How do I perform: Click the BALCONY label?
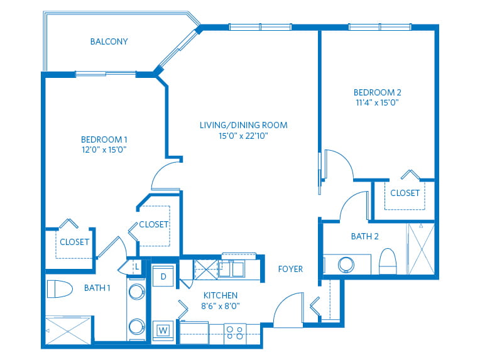click(109, 41)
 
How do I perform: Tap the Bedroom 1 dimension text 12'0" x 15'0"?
click(104, 150)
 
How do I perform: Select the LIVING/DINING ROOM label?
click(244, 125)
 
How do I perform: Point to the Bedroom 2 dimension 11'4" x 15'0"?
click(377, 102)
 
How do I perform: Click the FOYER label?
click(290, 269)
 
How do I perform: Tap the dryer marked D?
click(163, 276)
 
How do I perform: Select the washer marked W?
click(163, 330)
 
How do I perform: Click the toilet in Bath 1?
click(60, 288)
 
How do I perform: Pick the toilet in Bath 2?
click(388, 261)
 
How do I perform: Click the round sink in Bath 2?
click(346, 265)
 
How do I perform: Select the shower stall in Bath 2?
click(422, 249)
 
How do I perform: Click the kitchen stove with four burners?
click(235, 333)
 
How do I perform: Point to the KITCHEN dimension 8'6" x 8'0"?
click(221, 306)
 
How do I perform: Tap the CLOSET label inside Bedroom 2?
click(405, 193)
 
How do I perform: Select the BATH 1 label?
click(97, 288)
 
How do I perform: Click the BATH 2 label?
click(364, 236)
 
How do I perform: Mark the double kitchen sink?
click(231, 269)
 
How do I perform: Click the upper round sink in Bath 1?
click(137, 292)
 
